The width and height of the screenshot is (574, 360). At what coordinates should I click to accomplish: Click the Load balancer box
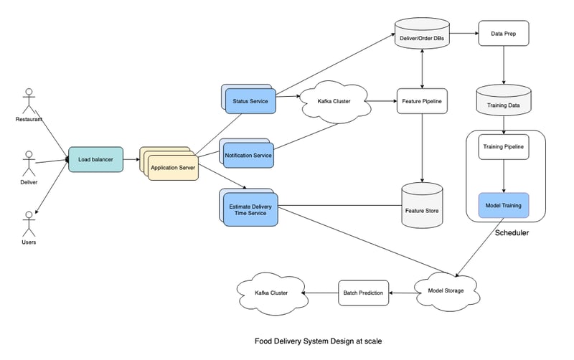[x=95, y=159]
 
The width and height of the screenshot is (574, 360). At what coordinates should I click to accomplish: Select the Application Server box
[x=173, y=168]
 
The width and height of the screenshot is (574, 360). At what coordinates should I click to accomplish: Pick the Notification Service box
[x=248, y=155]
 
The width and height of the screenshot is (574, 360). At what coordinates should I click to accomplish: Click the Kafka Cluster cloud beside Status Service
[x=334, y=101]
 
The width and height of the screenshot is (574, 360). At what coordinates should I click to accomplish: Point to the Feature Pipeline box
[x=422, y=101]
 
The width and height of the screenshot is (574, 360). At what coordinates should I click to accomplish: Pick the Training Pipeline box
[x=503, y=147]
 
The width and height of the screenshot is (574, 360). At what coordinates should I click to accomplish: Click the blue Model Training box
[x=503, y=206]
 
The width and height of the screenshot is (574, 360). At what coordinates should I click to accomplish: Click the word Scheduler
[x=512, y=234]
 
